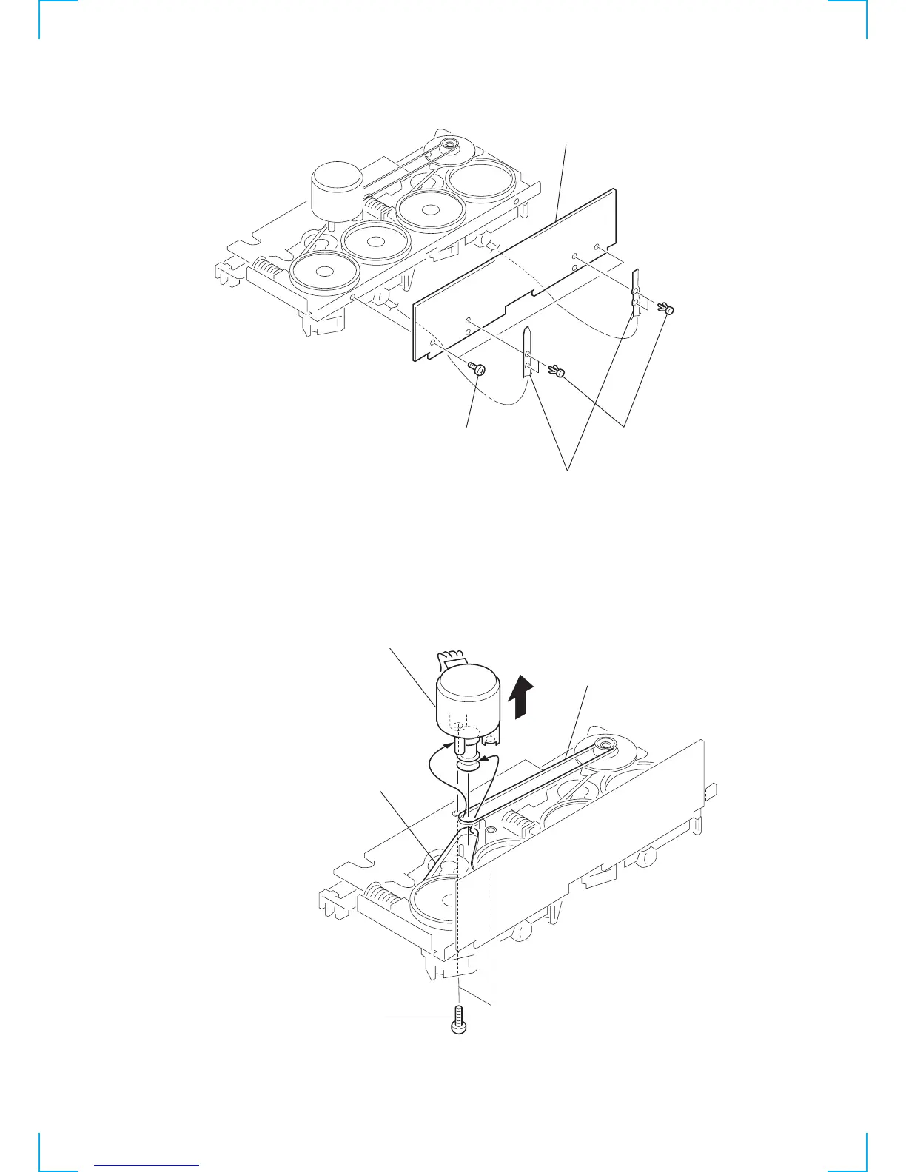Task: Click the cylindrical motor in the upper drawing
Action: [x=337, y=192]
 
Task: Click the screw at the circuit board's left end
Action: [x=478, y=368]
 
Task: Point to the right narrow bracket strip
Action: [x=635, y=292]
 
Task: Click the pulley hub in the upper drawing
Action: [x=449, y=145]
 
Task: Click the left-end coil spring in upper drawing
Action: [x=268, y=266]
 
